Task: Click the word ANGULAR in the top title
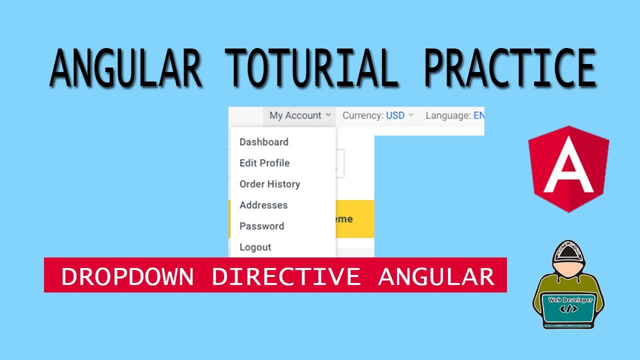[x=125, y=68]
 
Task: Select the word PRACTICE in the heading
[x=509, y=68]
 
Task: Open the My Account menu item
[x=295, y=115]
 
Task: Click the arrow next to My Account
[x=328, y=115]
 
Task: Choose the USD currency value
[x=395, y=115]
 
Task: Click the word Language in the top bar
[x=447, y=115]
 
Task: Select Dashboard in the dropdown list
[x=263, y=142]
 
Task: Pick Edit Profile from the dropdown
[x=264, y=163]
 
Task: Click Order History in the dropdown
[x=269, y=184]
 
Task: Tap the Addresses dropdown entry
[x=263, y=205]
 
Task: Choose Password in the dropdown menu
[x=261, y=226]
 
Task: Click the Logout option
[x=255, y=247]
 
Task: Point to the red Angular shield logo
[x=568, y=168]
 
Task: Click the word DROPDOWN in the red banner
[x=127, y=276]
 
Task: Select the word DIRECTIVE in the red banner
[x=285, y=276]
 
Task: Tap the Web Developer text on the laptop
[x=570, y=300]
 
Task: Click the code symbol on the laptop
[x=569, y=309]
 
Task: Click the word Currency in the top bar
[x=362, y=115]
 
